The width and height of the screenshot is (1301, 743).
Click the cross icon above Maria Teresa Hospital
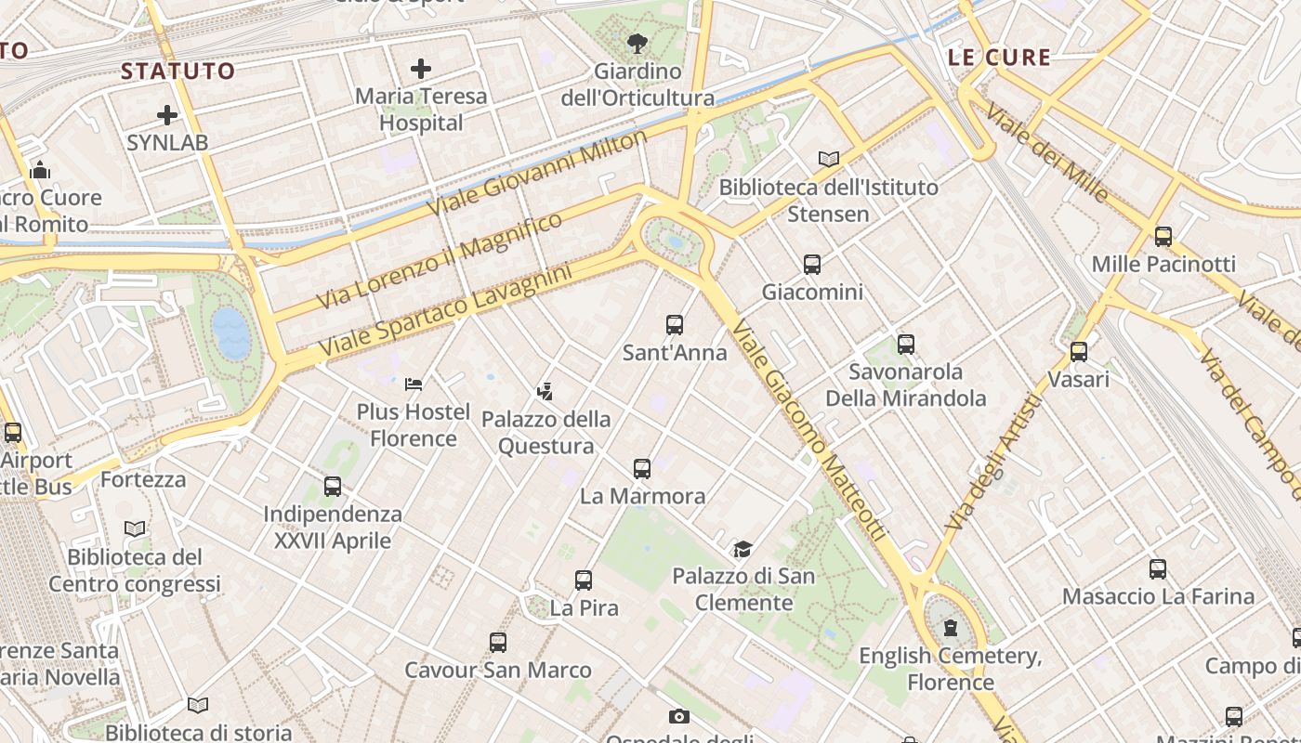421,69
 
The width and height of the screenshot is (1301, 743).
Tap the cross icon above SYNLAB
167,115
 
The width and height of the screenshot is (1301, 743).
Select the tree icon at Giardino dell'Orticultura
637,43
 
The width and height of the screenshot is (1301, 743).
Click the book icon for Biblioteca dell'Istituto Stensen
829,159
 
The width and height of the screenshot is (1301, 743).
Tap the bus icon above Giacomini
812,265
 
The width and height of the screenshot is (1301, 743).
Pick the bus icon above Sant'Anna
675,325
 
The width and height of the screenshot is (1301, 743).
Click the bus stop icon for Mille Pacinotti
1163,237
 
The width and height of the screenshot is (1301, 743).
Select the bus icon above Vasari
1078,352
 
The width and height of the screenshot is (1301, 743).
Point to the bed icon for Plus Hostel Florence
414,384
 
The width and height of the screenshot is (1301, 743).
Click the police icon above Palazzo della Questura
545,392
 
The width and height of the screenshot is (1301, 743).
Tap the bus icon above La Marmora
642,469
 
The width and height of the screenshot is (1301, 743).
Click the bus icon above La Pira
584,580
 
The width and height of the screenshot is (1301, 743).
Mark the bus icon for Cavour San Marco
498,643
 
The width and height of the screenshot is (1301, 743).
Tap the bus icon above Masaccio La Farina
1158,569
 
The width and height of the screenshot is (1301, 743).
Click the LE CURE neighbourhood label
999,58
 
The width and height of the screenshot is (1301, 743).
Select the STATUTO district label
178,72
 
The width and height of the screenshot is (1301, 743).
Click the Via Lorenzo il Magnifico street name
440,261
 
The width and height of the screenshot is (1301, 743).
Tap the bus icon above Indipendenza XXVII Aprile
333,487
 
